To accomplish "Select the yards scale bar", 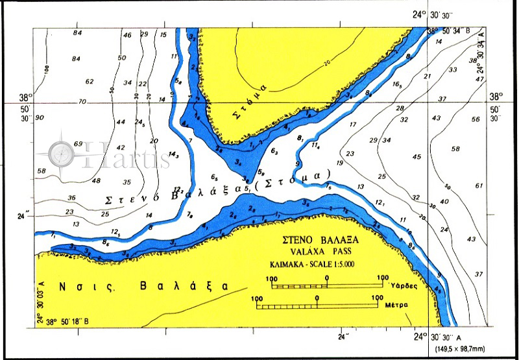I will tap(326, 284).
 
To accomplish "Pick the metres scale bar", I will tap(316, 304).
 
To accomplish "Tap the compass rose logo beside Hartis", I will tap(64, 153).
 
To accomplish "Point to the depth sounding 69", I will tap(78, 143).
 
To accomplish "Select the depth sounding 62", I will tap(90, 82).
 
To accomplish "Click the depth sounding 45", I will tap(416, 156).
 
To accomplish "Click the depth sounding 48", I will tap(95, 180).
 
